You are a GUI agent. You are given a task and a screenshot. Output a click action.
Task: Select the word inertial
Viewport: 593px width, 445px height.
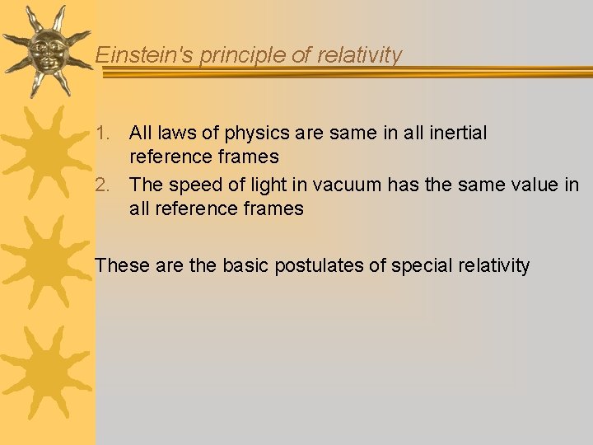455,133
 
